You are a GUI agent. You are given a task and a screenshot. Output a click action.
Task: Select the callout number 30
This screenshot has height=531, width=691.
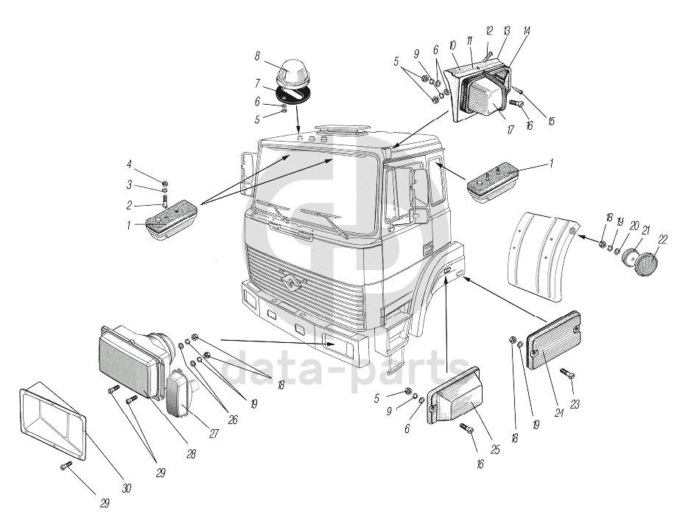[x=126, y=488]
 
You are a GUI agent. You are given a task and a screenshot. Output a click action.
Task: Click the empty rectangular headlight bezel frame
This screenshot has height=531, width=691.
[x=51, y=423]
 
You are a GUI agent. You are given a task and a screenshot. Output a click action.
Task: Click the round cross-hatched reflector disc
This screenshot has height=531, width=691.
[x=646, y=264]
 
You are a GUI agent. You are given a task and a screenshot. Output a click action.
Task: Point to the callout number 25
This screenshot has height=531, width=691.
[x=495, y=448]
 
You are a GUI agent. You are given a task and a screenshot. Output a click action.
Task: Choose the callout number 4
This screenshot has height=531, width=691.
[x=129, y=164]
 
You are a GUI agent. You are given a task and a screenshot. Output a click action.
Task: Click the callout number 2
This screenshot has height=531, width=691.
[x=129, y=206]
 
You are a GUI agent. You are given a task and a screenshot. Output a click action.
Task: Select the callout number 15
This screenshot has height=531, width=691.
[x=550, y=122]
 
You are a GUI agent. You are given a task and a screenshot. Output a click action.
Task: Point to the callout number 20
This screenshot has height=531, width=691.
[x=633, y=226]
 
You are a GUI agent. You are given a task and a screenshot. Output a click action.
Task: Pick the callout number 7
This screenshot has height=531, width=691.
[x=258, y=83]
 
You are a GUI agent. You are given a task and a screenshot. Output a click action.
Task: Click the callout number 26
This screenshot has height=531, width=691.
[x=232, y=419]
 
